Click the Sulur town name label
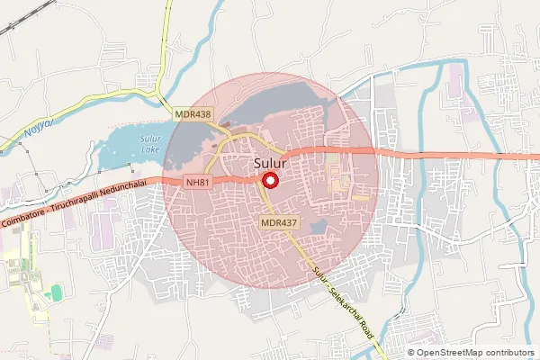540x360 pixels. [x=266, y=165]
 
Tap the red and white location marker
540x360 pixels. [x=268, y=180]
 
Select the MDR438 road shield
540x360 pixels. [x=193, y=114]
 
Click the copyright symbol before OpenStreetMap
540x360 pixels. [x=412, y=352]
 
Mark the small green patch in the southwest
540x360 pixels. [x=56, y=292]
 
